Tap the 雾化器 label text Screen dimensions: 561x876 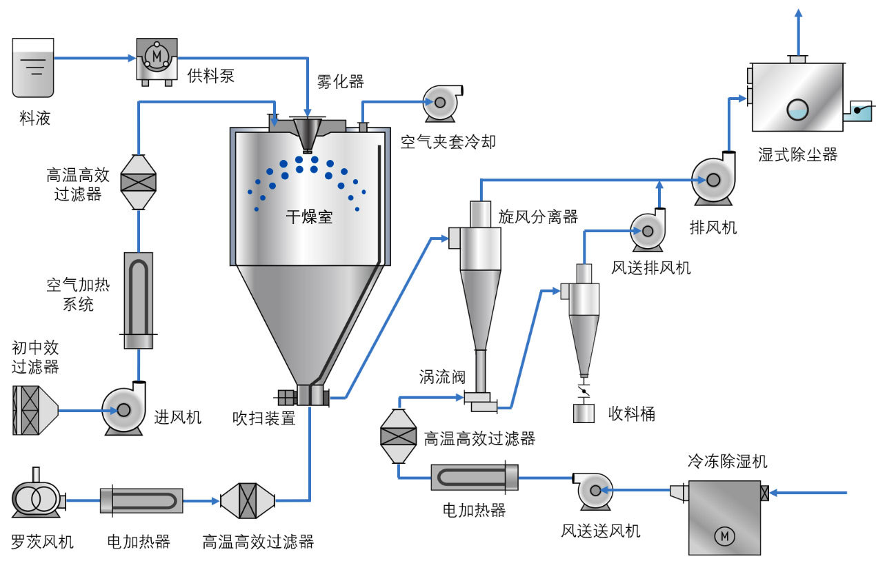coord(340,82)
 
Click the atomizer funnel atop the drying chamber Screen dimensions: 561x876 coord(308,132)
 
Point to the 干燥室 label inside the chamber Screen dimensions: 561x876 coord(309,218)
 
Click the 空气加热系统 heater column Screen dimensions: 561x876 coord(139,300)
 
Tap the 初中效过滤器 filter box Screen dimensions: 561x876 coord(34,410)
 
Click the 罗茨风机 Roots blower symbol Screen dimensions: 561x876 coord(36,498)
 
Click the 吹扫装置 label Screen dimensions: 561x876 coord(263,418)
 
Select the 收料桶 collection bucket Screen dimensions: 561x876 coord(584,413)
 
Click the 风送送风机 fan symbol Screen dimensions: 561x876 coord(593,491)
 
